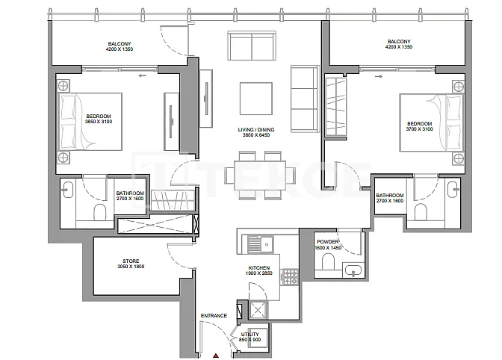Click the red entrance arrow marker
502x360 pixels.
coord(216,356)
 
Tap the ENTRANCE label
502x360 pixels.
coord(214,315)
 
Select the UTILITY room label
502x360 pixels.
coord(250,334)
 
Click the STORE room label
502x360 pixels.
coord(131,261)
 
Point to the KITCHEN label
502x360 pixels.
coord(259,268)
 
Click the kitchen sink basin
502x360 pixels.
coord(266,244)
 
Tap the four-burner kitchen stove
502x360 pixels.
coord(290,277)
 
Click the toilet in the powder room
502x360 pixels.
coord(328,261)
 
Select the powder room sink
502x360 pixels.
coord(353,270)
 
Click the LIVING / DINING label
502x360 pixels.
coord(256,130)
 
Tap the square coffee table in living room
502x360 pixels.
coord(256,99)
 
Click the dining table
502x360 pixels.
coord(260,176)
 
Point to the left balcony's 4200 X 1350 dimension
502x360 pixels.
coord(120,49)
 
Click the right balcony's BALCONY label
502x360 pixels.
coord(399,42)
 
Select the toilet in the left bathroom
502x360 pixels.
coord(100,212)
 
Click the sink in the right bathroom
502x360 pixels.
coord(453,190)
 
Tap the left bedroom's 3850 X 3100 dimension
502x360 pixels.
coord(99,122)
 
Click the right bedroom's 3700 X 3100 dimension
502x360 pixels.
coord(419,129)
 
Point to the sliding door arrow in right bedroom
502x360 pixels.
coord(379,76)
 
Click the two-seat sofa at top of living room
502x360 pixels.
coord(252,46)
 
